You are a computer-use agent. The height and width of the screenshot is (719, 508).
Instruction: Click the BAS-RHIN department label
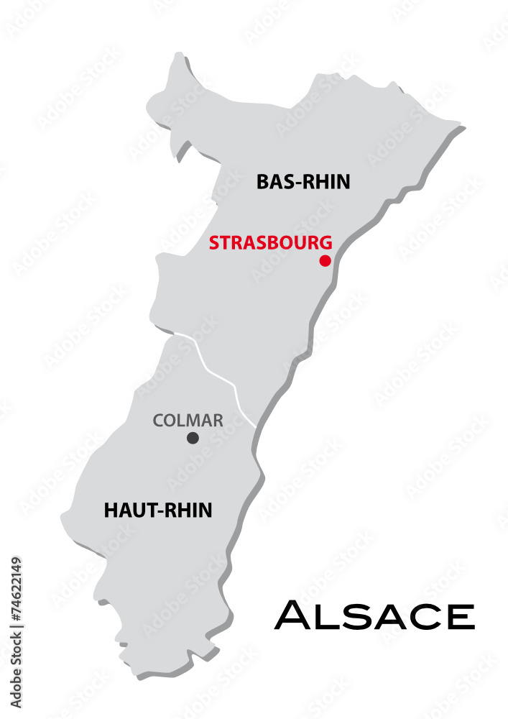point(303,182)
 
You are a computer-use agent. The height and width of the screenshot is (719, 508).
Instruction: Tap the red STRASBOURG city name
point(270,242)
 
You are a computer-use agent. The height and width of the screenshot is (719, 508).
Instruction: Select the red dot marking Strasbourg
point(325,260)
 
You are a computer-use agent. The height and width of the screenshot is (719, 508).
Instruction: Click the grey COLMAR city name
point(188,420)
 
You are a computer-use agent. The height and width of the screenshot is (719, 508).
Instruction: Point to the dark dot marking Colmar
point(193,437)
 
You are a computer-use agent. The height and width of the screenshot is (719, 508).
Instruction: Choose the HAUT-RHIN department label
point(158,510)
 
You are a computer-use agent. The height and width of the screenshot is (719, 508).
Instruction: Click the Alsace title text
point(374,615)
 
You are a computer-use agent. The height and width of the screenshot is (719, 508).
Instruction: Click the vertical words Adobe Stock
point(17,672)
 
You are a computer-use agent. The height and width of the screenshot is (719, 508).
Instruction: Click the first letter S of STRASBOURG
point(213,242)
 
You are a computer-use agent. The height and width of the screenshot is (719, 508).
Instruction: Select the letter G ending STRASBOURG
point(326,242)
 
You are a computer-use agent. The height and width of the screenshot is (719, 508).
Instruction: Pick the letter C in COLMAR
point(158,420)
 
